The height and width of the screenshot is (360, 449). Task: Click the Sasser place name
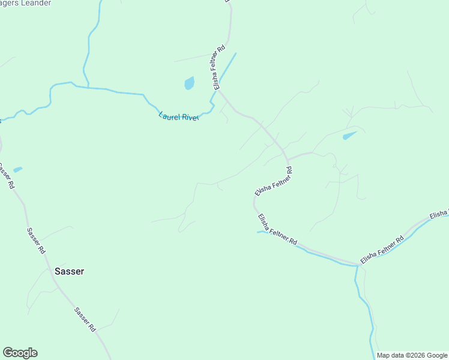(70, 271)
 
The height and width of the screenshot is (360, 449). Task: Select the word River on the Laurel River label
(190, 118)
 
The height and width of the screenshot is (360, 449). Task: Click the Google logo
(20, 353)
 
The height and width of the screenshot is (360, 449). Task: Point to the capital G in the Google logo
(8, 353)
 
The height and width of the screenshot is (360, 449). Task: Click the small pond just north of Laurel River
(189, 83)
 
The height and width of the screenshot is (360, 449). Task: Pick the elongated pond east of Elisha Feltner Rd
(349, 136)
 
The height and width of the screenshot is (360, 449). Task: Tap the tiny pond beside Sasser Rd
(17, 170)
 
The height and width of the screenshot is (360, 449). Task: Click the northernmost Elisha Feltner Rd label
(219, 67)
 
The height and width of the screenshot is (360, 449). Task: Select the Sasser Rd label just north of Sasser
(36, 239)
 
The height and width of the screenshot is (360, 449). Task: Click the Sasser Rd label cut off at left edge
(6, 176)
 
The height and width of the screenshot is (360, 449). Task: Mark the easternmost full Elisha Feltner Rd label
(382, 250)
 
